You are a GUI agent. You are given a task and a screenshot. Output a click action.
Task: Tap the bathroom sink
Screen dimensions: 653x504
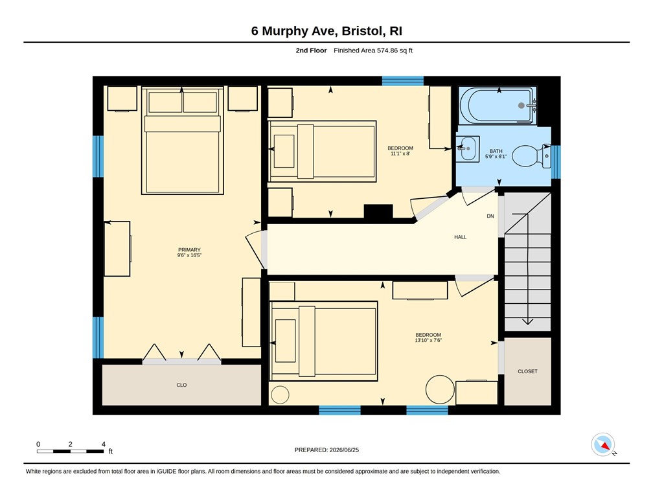[x=468, y=149]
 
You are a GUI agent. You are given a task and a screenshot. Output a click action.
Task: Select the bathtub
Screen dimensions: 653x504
[x=498, y=106]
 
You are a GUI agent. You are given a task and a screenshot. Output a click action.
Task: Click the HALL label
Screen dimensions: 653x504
[x=460, y=237]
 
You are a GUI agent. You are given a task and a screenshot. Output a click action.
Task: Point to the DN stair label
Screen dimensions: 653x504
[x=490, y=216]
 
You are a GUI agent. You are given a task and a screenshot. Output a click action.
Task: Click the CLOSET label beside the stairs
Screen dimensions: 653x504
[x=527, y=371]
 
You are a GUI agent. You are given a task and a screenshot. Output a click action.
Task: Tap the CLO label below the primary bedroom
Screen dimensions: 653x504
[x=181, y=385]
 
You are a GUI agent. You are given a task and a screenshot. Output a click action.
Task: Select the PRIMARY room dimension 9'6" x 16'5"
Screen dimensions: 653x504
[x=189, y=255]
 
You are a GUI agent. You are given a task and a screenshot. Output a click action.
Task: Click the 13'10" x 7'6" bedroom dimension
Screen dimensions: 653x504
[x=428, y=340]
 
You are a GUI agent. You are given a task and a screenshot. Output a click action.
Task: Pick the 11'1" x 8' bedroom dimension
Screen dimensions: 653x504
[x=400, y=154]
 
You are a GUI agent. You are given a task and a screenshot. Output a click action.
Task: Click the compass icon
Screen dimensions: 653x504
[x=603, y=444]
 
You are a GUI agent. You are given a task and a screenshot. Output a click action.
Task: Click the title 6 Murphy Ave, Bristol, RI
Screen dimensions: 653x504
[x=326, y=31]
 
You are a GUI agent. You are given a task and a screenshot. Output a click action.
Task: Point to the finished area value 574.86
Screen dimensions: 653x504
[x=387, y=51]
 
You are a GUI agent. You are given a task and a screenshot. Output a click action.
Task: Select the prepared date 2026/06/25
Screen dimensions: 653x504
[x=344, y=450]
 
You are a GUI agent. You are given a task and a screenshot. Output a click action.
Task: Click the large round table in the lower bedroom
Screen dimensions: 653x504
[x=440, y=389]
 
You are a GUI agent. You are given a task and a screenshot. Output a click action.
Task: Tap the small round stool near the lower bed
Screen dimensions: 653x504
[x=280, y=395]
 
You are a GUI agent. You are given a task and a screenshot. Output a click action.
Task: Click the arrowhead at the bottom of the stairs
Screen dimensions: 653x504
[x=527, y=321]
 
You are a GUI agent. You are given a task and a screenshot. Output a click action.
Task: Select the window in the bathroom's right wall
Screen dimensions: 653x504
[x=556, y=161]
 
